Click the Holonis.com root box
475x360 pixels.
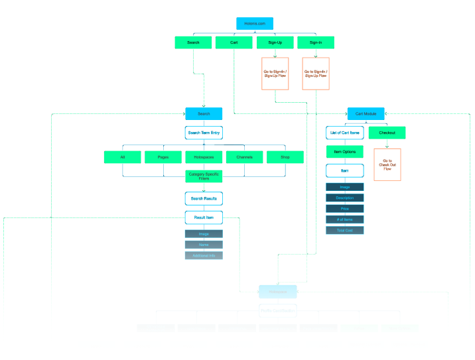pyautogui.click(x=254, y=23)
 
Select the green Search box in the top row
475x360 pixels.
pyautogui.click(x=193, y=42)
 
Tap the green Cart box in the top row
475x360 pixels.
pyautogui.click(x=234, y=42)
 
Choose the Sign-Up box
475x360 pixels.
pyautogui.click(x=275, y=42)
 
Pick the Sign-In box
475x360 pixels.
pyautogui.click(x=315, y=42)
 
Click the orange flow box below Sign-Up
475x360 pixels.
pyautogui.click(x=275, y=74)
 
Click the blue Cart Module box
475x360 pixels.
pyautogui.click(x=366, y=113)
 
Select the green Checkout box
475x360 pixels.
pyautogui.click(x=387, y=133)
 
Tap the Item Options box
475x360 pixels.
pyautogui.click(x=344, y=152)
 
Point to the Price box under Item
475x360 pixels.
pyautogui.click(x=344, y=209)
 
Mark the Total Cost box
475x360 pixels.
pyautogui.click(x=344, y=230)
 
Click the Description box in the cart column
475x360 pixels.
pyautogui.click(x=344, y=198)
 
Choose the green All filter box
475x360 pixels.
pyautogui.click(x=123, y=157)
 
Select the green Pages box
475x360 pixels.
pyautogui.click(x=163, y=157)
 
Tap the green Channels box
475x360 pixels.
pyautogui.click(x=244, y=157)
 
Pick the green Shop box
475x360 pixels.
pyautogui.click(x=285, y=157)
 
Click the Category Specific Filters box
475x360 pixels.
pyautogui.click(x=204, y=176)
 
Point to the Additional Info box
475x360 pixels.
pyautogui.click(x=204, y=255)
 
